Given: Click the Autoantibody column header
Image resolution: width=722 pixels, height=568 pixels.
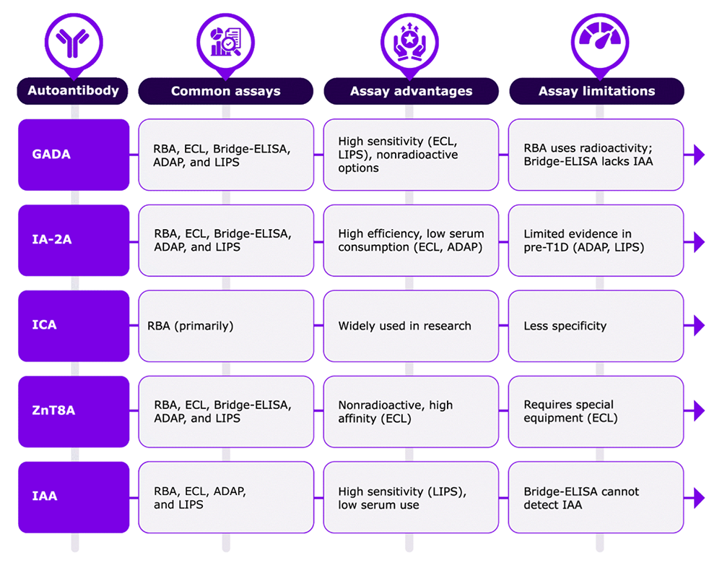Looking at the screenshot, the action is tap(73, 91).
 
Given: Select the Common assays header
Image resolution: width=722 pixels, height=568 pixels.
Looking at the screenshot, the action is tap(225, 91).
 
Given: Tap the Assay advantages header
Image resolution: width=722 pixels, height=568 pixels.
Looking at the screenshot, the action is tap(412, 91).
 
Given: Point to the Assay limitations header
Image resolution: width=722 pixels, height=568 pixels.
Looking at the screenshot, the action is tap(597, 91).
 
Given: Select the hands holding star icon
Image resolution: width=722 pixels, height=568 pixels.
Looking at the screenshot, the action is tap(409, 42).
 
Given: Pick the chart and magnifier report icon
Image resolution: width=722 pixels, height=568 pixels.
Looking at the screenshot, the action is tap(225, 42).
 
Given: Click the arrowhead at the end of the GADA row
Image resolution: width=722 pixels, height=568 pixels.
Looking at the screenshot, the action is tap(699, 155).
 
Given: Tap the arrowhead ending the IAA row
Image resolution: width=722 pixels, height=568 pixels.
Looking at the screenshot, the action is tap(699, 497).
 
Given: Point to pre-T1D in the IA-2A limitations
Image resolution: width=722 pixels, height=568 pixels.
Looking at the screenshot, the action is tap(546, 248).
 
